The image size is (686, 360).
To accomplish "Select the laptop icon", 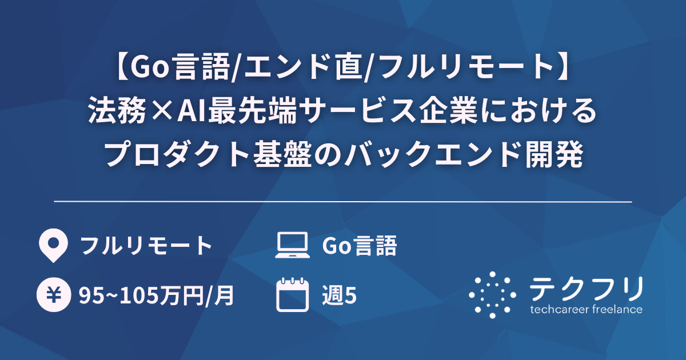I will [292, 246].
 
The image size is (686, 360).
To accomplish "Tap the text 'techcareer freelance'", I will [586, 310].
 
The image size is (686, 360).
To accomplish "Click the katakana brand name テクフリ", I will [586, 287].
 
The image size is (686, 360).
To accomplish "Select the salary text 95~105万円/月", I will [157, 295].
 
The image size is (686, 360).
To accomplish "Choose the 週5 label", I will [340, 295].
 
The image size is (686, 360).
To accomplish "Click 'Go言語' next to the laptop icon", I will [359, 246].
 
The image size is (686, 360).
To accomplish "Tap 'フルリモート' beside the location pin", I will [146, 246].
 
